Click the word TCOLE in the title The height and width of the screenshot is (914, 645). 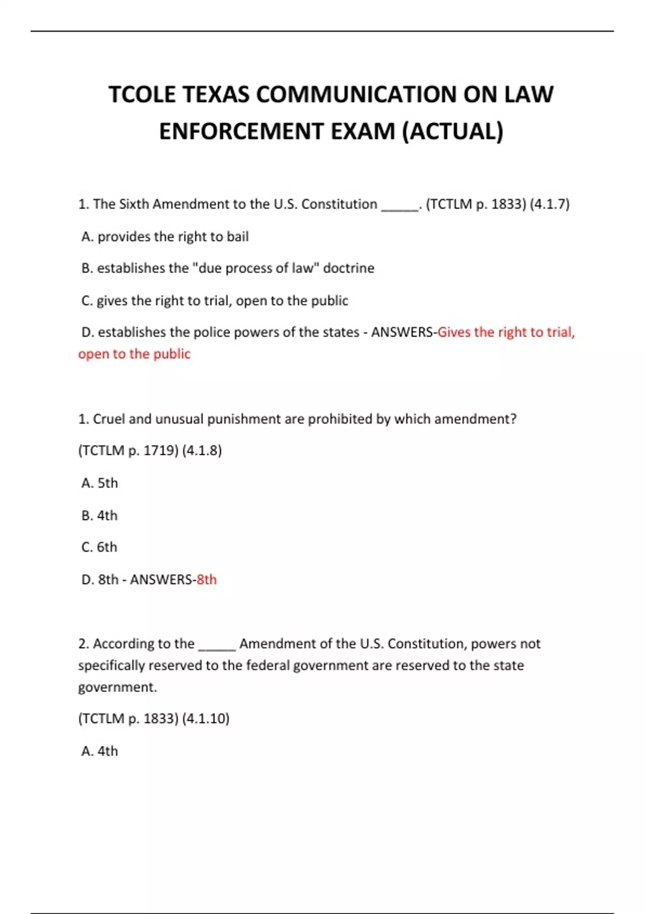tap(142, 95)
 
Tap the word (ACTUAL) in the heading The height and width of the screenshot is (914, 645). tap(453, 132)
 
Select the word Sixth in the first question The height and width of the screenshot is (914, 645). tap(134, 204)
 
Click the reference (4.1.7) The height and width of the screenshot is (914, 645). tap(549, 204)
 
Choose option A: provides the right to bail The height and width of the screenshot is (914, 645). tap(165, 237)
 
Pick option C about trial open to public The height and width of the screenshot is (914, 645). tap(214, 301)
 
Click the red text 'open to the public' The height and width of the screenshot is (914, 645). tap(134, 354)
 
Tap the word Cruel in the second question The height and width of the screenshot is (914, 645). tap(109, 419)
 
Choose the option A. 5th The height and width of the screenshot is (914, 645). tap(100, 483)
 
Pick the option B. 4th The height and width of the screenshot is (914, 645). tap(100, 515)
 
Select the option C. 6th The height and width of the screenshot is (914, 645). tap(100, 547)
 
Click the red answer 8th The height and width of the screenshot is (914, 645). tap(206, 580)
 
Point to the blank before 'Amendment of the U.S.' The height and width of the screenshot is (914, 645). tap(217, 645)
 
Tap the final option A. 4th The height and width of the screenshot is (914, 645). tap(100, 751)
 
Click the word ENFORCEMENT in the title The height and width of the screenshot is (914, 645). tap(241, 132)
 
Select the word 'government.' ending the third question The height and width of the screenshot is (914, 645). tap(118, 687)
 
